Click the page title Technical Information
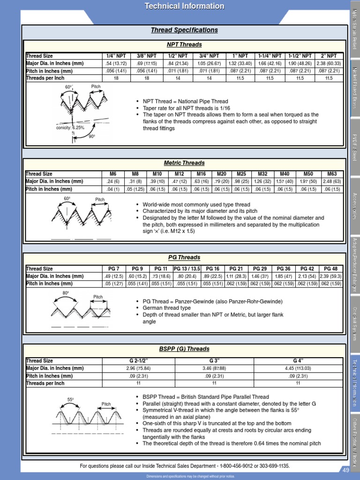[184, 6]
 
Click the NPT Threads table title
[184, 45]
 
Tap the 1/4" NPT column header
[116, 56]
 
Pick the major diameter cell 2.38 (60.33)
[328, 63]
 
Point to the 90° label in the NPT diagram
[92, 136]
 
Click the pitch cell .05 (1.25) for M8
[135, 189]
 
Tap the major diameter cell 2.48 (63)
[331, 181]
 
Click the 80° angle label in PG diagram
[66, 293]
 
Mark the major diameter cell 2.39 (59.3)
[330, 276]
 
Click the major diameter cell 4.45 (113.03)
[297, 368]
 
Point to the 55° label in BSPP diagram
[71, 400]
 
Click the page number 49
[346, 470]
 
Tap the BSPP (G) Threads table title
[184, 349]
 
